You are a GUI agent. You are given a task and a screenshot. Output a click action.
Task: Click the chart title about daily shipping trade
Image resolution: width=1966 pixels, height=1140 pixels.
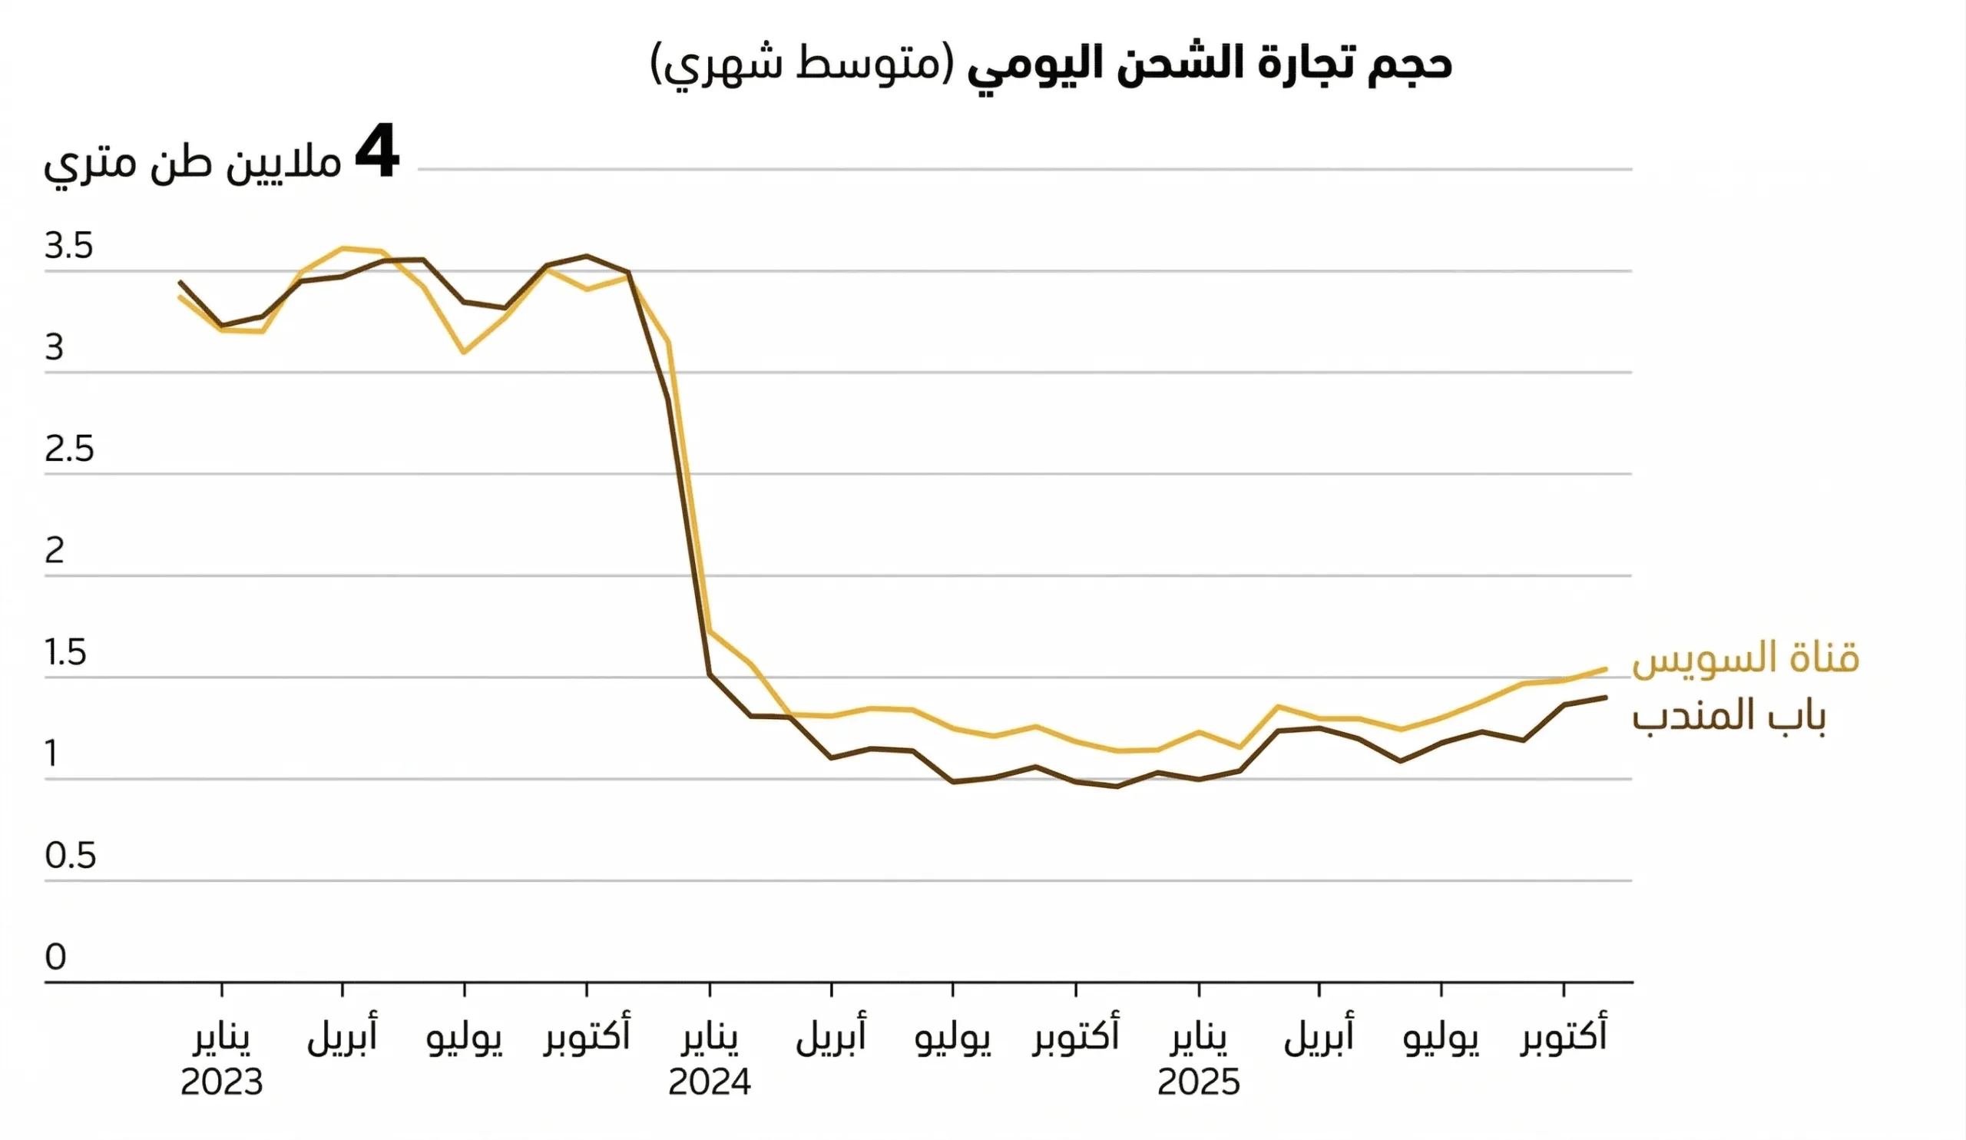[x=1050, y=62]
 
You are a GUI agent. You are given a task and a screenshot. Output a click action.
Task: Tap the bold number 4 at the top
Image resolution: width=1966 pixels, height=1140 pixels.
[x=377, y=154]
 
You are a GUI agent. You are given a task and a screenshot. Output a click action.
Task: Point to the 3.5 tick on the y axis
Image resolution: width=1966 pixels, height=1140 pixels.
[x=68, y=247]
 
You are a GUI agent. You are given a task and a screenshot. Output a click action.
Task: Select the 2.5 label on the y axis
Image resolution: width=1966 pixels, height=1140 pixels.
[x=68, y=449]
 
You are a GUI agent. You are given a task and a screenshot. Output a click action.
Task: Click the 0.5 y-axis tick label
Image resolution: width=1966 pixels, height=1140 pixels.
[x=70, y=856]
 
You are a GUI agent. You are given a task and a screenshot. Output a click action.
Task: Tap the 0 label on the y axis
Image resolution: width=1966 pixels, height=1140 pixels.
[x=55, y=957]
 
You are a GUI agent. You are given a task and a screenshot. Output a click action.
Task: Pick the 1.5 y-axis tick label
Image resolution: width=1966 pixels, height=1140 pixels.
[x=65, y=653]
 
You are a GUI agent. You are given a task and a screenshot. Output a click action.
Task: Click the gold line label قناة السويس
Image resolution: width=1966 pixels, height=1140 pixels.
[x=1746, y=658]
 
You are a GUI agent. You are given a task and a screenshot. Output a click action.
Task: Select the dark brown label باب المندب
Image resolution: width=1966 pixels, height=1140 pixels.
[x=1729, y=715]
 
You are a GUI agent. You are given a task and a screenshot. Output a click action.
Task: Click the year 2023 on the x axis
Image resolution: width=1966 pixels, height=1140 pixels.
[x=222, y=1083]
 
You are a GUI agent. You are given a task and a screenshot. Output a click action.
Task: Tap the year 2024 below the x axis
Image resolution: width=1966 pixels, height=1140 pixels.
[x=709, y=1083]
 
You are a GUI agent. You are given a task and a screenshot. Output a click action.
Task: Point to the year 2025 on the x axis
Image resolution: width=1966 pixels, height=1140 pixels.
[x=1198, y=1083]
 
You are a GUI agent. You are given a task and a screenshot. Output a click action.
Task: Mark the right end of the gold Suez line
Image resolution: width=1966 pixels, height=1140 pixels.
[x=1605, y=668]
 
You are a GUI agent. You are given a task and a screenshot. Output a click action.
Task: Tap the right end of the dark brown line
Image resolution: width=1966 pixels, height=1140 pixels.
[x=1605, y=697]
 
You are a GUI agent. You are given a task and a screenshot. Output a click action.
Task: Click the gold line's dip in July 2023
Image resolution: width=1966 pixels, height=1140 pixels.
[x=464, y=352]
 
